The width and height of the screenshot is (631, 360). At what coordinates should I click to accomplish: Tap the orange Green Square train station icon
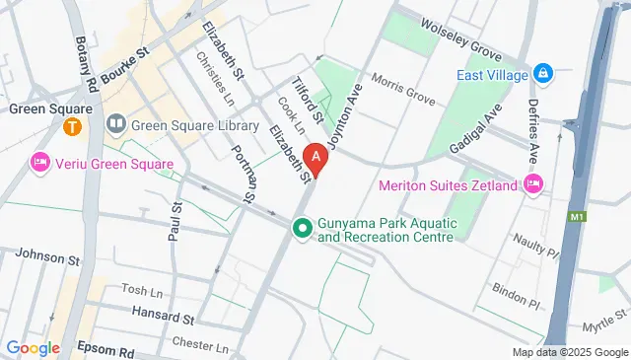[x=72, y=126]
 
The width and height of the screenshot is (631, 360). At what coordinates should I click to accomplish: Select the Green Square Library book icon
[x=116, y=124]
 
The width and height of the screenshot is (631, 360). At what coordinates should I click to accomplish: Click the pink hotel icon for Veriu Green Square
[x=40, y=161]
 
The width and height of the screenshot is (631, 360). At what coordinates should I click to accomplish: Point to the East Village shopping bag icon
[x=542, y=74]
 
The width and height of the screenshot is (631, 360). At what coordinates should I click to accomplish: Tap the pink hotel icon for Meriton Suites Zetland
[x=534, y=183]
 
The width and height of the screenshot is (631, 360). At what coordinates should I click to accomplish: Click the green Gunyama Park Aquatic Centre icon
[x=301, y=230]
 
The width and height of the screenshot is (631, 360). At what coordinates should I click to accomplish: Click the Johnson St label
[x=47, y=257]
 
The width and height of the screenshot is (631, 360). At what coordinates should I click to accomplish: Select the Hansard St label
[x=163, y=318]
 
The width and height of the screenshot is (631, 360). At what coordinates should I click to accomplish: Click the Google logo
[x=33, y=348]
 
